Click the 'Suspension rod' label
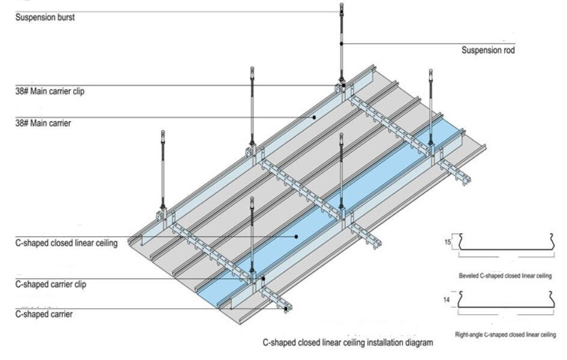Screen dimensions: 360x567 point(488,50)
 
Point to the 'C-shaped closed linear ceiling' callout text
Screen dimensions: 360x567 point(65,243)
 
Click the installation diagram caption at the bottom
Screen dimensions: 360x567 point(347,343)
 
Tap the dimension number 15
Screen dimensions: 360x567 point(446,242)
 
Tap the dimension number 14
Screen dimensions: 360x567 point(446,299)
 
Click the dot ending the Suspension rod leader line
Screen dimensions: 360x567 point(342,43)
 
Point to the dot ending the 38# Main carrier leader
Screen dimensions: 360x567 point(314,117)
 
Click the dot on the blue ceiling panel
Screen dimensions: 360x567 point(296,236)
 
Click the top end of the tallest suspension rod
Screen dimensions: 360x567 point(342,5)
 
